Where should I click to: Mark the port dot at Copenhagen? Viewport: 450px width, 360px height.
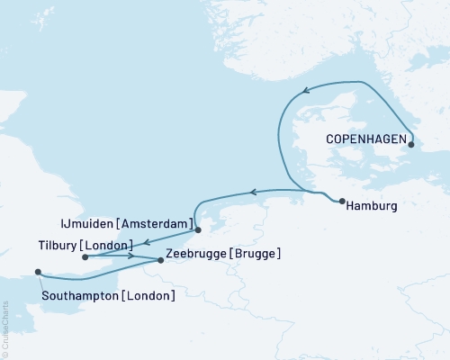pyautogui.click(x=411, y=144)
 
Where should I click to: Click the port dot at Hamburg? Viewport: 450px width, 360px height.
pyautogui.click(x=342, y=201)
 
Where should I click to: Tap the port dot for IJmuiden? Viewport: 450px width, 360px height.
pyautogui.click(x=198, y=216)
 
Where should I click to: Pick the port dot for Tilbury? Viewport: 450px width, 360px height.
pyautogui.click(x=85, y=256)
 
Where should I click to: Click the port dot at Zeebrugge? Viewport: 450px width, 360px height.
pyautogui.click(x=161, y=261)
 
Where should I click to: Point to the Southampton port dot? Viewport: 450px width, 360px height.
pyautogui.click(x=37, y=272)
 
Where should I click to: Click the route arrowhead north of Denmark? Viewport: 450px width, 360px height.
pyautogui.click(x=307, y=89)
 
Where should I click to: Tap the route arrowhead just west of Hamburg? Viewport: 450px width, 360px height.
pyautogui.click(x=254, y=191)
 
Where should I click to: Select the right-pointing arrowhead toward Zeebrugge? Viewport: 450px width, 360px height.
pyautogui.click(x=131, y=256)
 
